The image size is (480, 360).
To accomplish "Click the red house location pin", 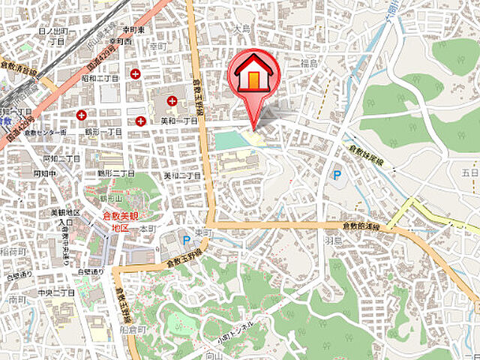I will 253,75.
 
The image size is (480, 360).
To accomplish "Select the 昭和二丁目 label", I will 100,77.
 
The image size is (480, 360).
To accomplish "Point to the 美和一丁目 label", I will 179,120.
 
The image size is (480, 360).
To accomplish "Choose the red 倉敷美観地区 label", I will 118,220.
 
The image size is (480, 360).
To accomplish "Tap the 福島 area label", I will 310,63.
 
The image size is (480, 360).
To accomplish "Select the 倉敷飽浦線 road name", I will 361,225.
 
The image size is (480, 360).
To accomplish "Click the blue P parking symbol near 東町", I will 186,241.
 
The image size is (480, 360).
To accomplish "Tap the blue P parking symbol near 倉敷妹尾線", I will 337,175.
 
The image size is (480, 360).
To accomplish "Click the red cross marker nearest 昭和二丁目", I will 136,73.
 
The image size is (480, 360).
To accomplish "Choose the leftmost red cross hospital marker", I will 81,115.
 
